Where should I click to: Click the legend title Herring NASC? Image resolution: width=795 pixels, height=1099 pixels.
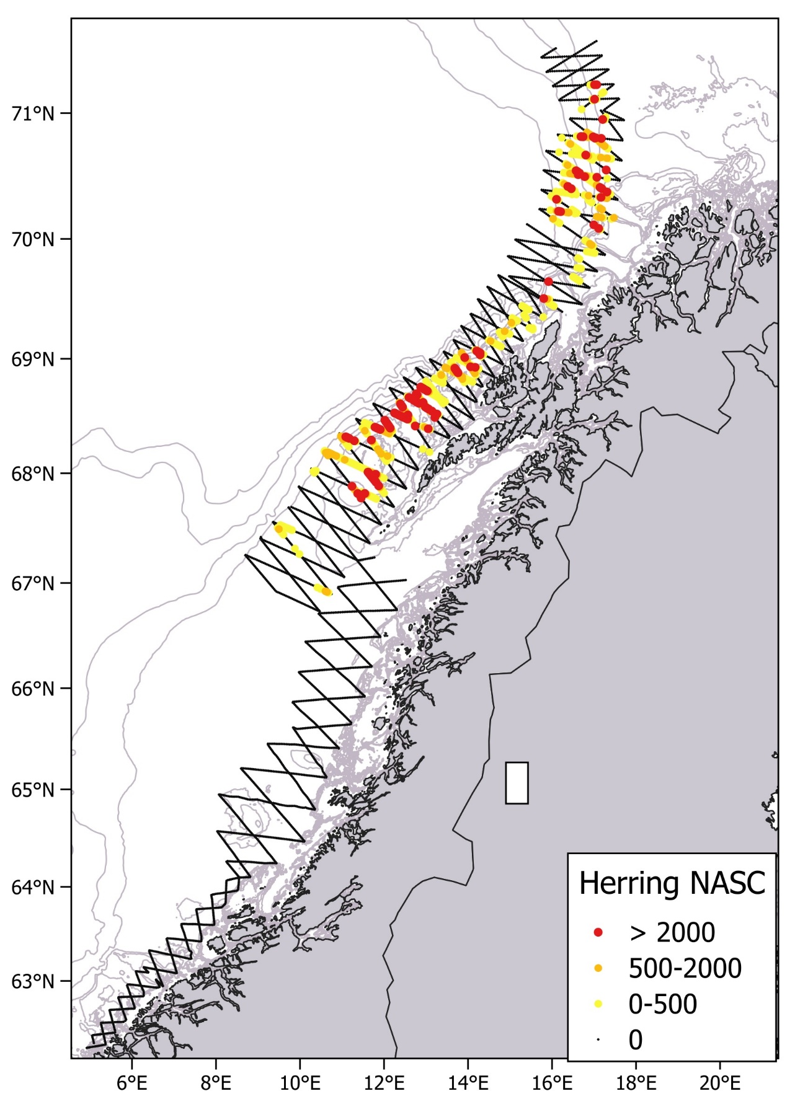click(672, 883)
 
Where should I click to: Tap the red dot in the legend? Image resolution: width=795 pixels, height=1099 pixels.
click(598, 932)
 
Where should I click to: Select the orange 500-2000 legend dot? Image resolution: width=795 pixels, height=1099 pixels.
click(598, 968)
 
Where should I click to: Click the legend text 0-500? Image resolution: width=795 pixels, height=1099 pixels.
click(663, 1004)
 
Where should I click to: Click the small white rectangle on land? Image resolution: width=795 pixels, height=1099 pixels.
click(517, 783)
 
